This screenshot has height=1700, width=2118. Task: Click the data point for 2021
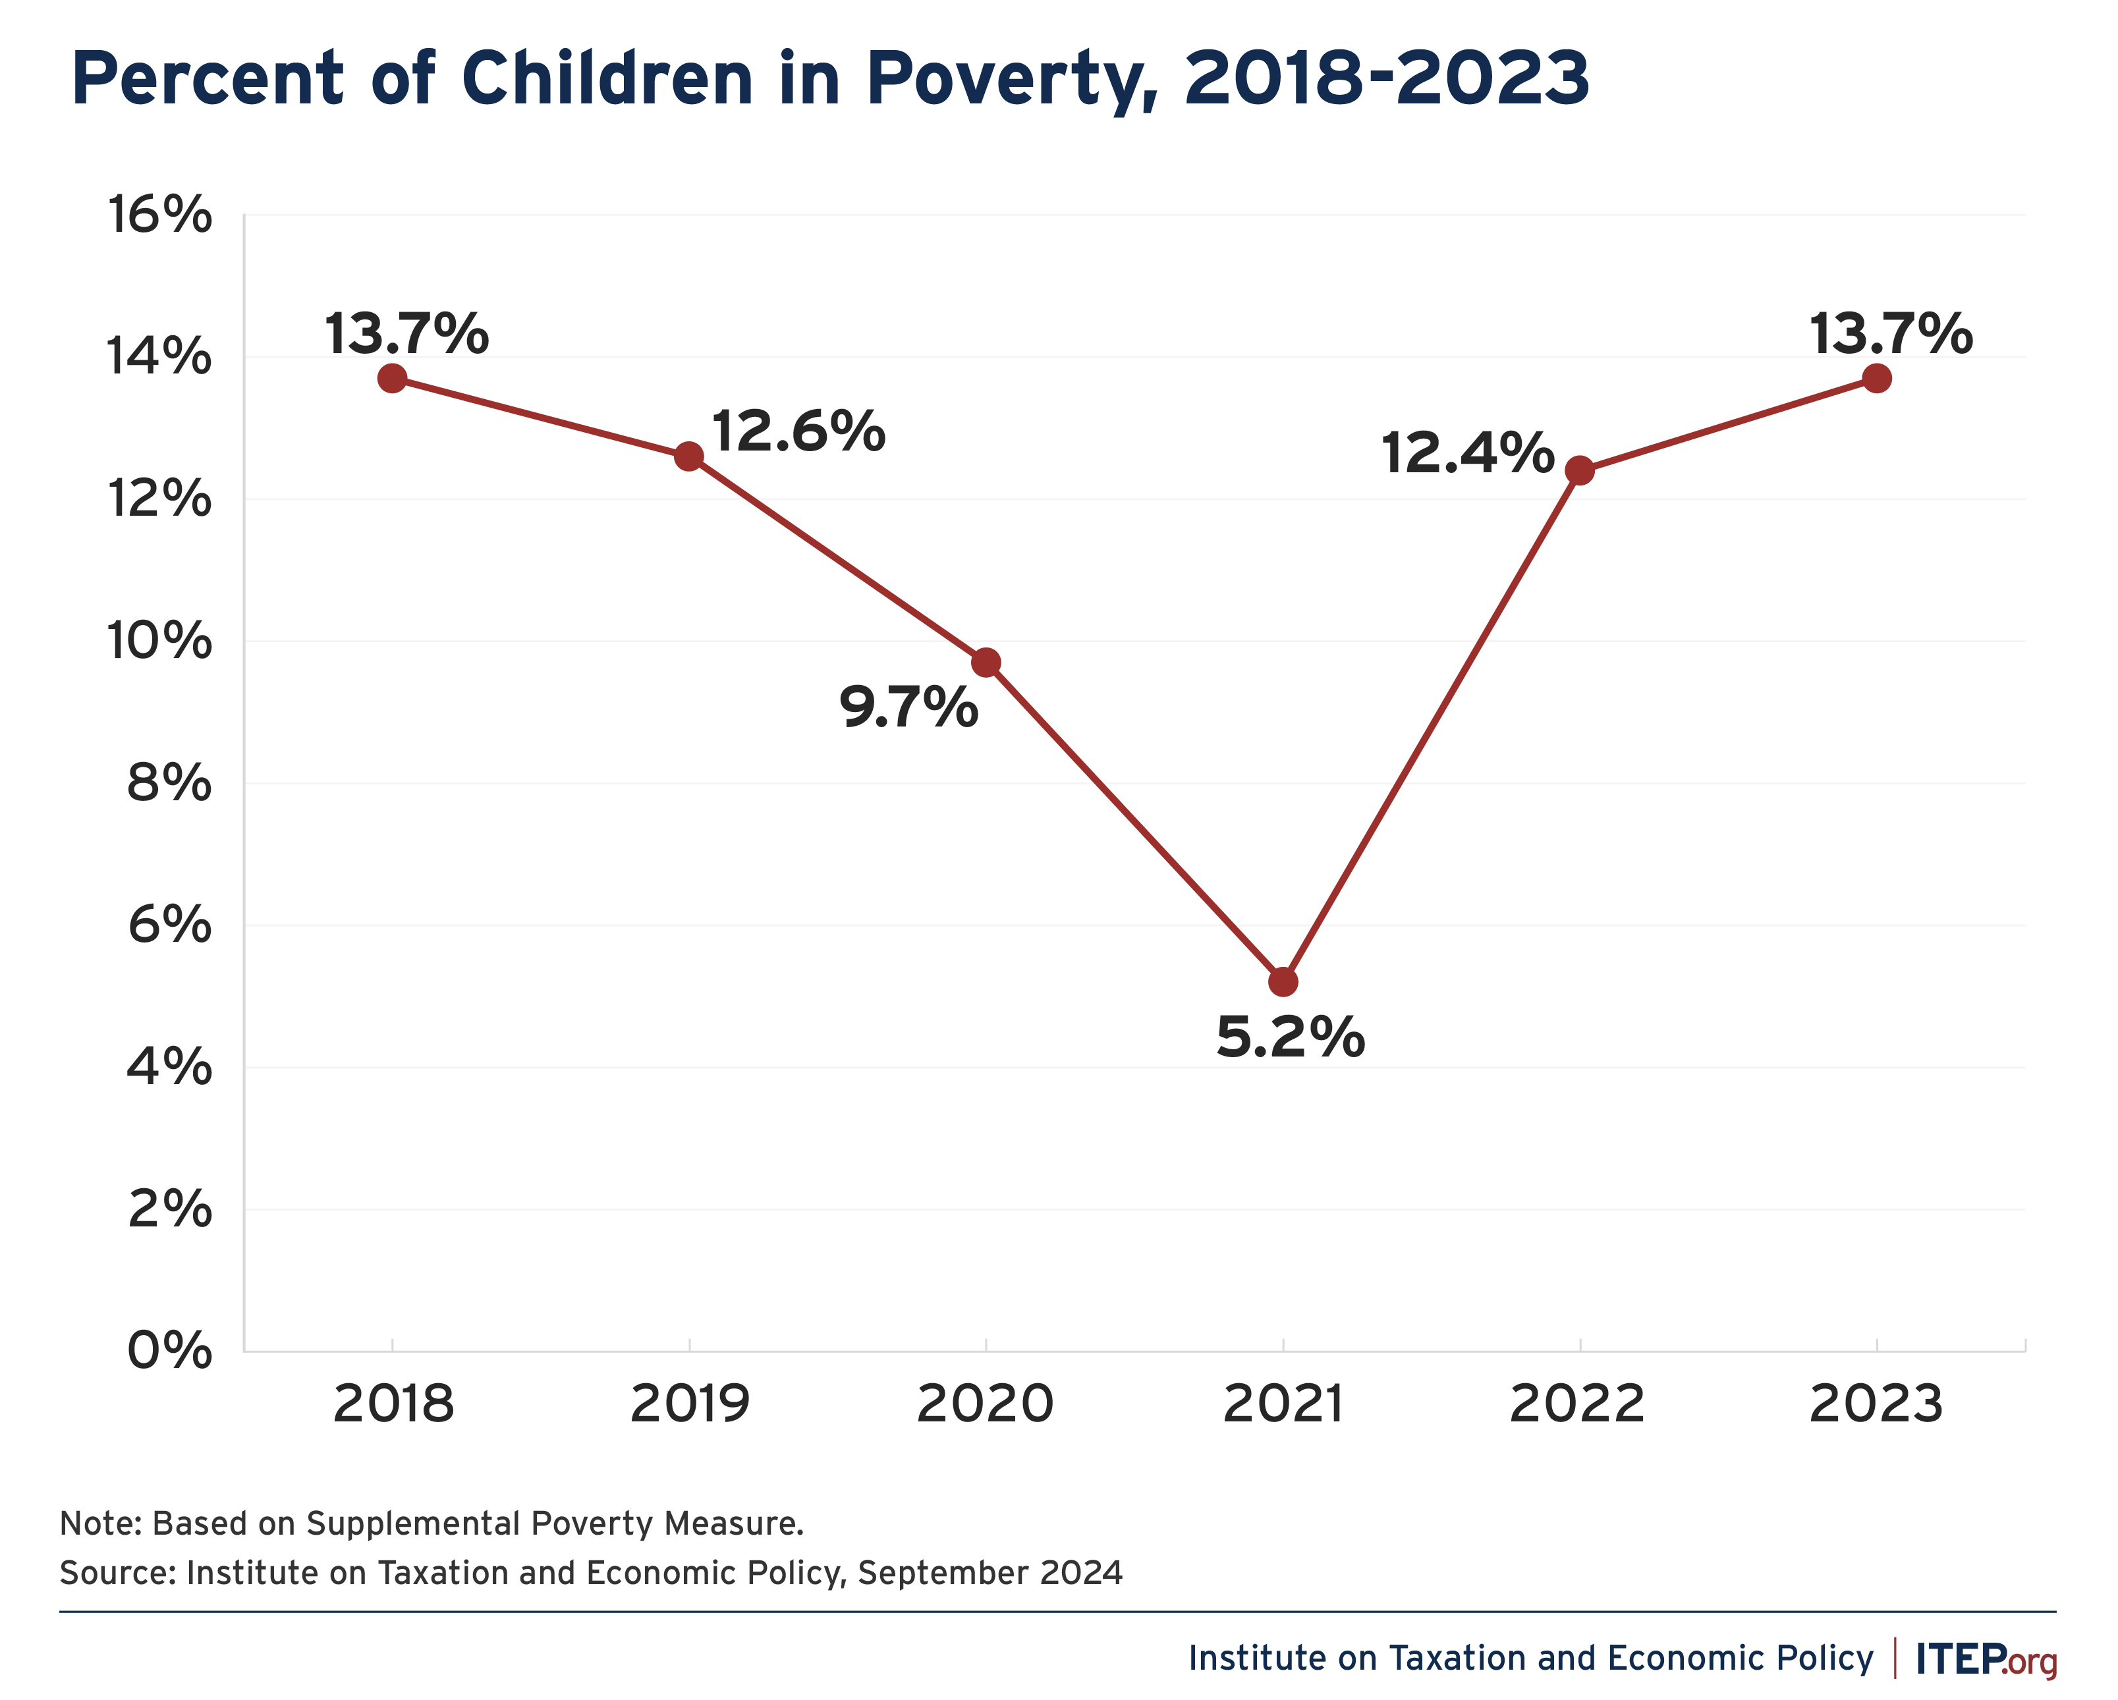coord(1283,981)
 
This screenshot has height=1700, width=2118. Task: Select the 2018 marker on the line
coord(392,378)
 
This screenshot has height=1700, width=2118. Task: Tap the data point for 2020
coord(986,663)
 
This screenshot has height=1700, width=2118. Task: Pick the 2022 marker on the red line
coord(1580,470)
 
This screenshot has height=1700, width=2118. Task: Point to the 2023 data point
coord(1876,378)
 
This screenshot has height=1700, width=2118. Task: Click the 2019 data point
coord(688,456)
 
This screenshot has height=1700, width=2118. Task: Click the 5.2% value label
coord(1290,1037)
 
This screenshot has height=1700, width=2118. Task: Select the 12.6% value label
coord(798,431)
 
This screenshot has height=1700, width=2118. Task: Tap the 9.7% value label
coord(908,707)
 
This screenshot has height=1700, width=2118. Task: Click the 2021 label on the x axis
coord(1283,1404)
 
